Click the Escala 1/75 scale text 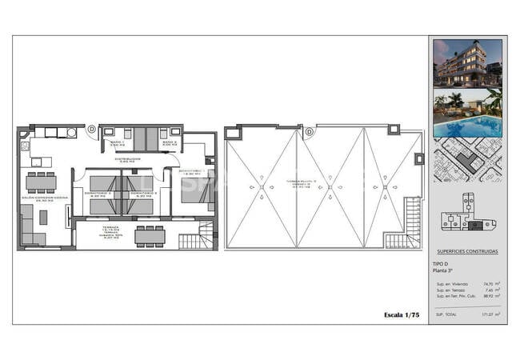click(x=402, y=315)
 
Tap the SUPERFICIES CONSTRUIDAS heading click(x=467, y=252)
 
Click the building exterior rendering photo click(x=467, y=62)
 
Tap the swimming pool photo click(x=467, y=113)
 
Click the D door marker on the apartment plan click(x=92, y=128)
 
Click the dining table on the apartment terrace click(x=149, y=235)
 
